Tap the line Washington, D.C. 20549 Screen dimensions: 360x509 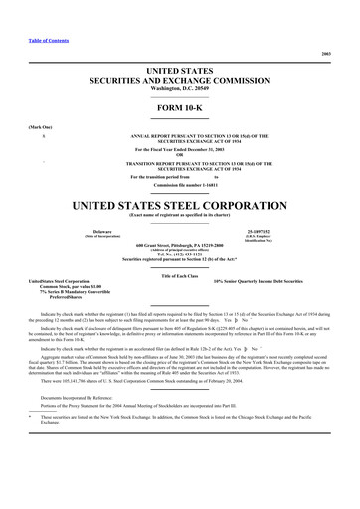[x=179, y=87]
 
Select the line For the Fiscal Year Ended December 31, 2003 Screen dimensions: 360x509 [x=179, y=149]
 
